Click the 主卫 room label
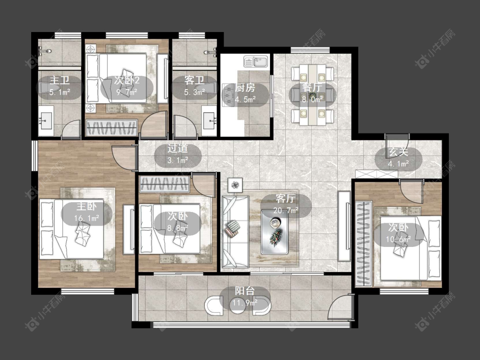60,80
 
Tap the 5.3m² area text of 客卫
195,92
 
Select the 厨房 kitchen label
245,88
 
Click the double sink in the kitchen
256,61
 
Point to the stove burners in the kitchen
228,95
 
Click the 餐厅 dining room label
312,87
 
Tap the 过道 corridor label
177,148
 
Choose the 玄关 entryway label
398,152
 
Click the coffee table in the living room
275,232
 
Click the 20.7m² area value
285,211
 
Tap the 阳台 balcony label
244,291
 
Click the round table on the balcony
238,305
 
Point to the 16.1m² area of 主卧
86,218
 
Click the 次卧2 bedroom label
127,80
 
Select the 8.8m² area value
177,228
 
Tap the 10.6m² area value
398,239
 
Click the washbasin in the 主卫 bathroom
46,121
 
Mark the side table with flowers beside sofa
235,185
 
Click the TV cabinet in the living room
344,226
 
